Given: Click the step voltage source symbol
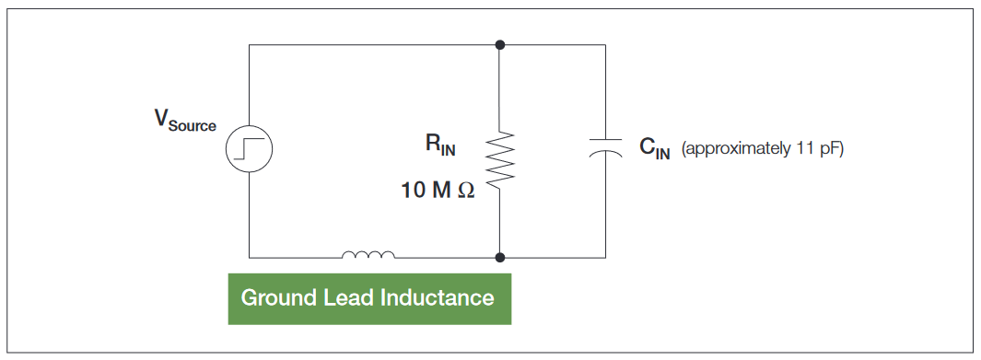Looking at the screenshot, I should (249, 149).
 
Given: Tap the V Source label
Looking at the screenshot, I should (185, 121).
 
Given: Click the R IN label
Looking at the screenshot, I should (440, 145).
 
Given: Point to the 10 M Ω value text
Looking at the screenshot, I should (438, 191).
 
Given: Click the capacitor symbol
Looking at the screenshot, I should (605, 148).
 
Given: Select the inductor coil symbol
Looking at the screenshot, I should (368, 255).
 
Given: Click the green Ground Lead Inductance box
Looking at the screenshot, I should (368, 298).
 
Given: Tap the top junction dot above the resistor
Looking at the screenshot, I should (499, 44).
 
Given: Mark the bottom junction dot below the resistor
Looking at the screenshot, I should (499, 258).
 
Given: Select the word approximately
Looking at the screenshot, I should (734, 149).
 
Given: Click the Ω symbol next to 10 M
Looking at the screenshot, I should (465, 191).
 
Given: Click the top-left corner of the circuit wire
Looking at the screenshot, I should (249, 44).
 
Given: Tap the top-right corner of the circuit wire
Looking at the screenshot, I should (605, 44).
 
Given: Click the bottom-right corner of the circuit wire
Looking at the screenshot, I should (605, 258).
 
